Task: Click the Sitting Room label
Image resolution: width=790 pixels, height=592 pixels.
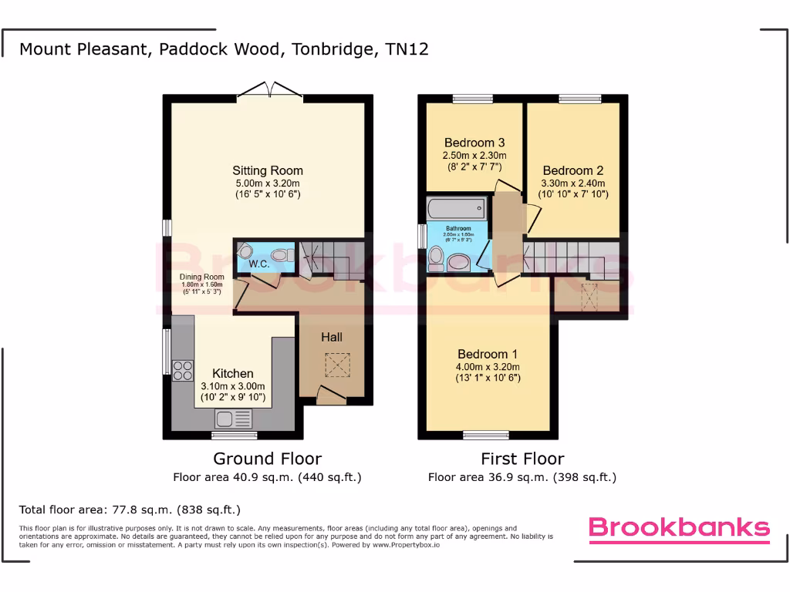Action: point(268,170)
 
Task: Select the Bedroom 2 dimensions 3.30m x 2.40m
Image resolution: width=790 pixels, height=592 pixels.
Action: point(573,183)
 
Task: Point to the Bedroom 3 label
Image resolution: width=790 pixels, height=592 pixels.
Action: point(474,143)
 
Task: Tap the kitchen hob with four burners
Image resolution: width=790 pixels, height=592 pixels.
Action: point(184,371)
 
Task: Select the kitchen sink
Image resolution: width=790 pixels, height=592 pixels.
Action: point(234,419)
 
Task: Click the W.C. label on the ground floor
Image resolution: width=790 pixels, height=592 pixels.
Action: point(258,264)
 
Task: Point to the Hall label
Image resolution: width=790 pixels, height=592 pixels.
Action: point(332,337)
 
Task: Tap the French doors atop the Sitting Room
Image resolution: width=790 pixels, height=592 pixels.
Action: point(269,90)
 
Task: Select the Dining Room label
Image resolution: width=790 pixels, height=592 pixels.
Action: point(202,277)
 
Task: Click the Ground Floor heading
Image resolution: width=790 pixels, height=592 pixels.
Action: point(267,459)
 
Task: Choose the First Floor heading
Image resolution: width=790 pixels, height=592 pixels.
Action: point(522,459)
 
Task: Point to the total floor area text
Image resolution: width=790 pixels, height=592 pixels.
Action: point(130,510)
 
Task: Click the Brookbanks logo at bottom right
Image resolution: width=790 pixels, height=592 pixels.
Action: point(679,528)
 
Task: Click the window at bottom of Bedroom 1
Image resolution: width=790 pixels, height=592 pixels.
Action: point(486,435)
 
